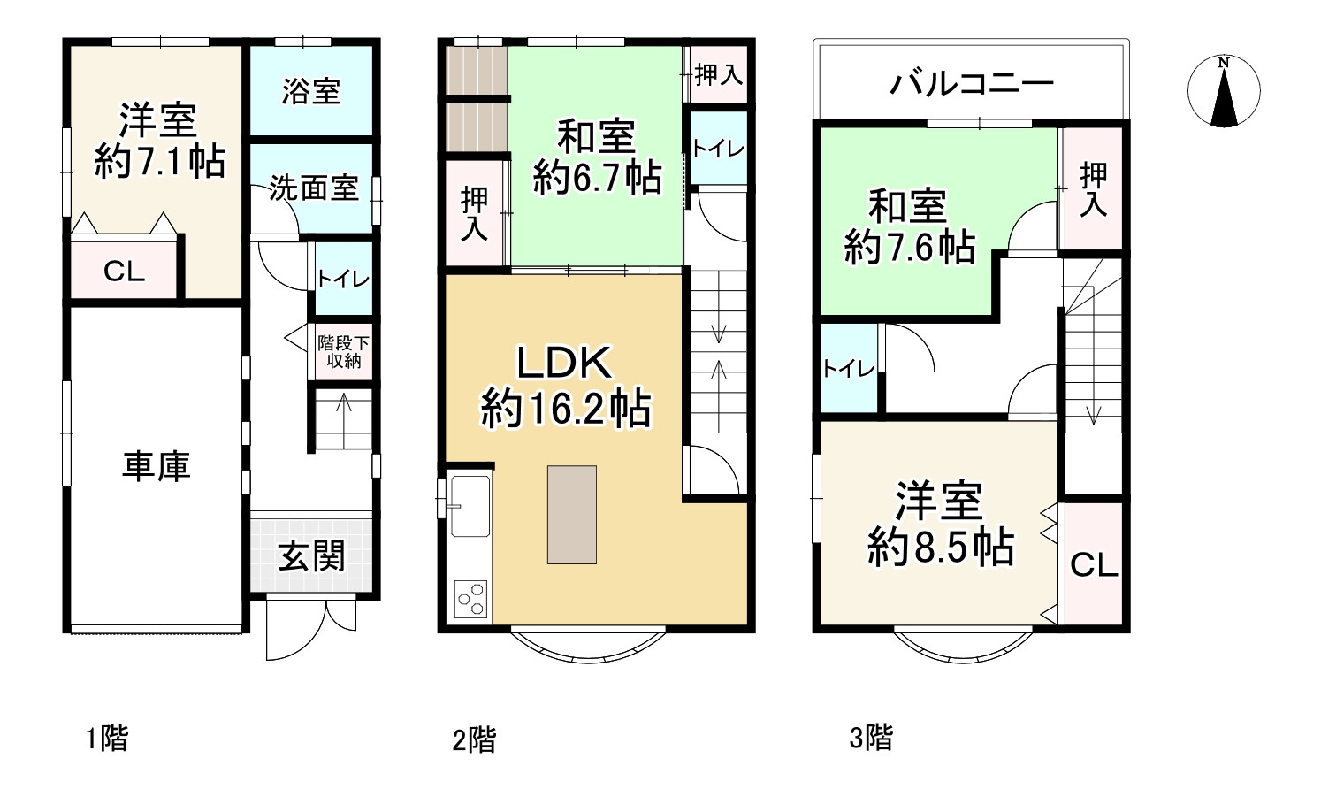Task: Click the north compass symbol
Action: [x=1223, y=91]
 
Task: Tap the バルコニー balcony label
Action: [x=971, y=84]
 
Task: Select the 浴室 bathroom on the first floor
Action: [x=310, y=91]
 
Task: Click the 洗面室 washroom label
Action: [x=313, y=188]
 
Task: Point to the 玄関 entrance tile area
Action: [x=311, y=556]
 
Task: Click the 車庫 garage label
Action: [x=156, y=466]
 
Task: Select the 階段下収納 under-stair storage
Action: [x=343, y=351]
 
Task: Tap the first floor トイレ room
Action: [x=343, y=280]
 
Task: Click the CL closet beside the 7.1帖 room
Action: [x=124, y=271]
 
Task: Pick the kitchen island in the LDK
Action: [x=571, y=514]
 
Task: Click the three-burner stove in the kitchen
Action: [x=470, y=599]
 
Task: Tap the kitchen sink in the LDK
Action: [x=470, y=506]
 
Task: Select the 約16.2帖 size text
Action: [x=565, y=410]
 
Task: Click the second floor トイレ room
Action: [x=717, y=149]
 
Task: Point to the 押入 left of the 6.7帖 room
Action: [x=475, y=213]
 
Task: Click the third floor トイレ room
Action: [x=848, y=369]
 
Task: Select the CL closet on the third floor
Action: [x=1094, y=564]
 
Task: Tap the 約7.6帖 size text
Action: [x=909, y=247]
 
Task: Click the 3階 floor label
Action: [x=871, y=737]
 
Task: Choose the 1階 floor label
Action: [x=106, y=738]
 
